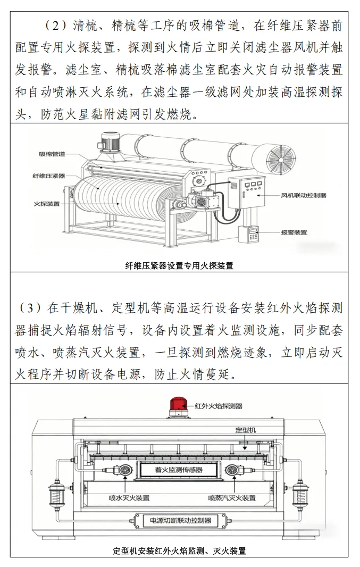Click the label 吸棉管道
coord(52,154)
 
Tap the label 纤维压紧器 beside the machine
coord(49,176)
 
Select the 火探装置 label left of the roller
coord(47,204)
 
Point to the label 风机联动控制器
coord(304,195)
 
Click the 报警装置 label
coord(294,232)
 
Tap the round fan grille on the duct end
coord(281,159)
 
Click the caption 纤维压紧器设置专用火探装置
coord(179,266)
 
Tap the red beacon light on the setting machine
coord(179,406)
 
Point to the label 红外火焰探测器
coord(219,406)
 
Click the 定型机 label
coord(246,430)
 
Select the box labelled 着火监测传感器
coord(179,470)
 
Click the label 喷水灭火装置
coord(129,498)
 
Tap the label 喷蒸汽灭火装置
coord(232,498)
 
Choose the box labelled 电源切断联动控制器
coord(180,521)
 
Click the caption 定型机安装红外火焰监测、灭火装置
coord(179,551)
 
